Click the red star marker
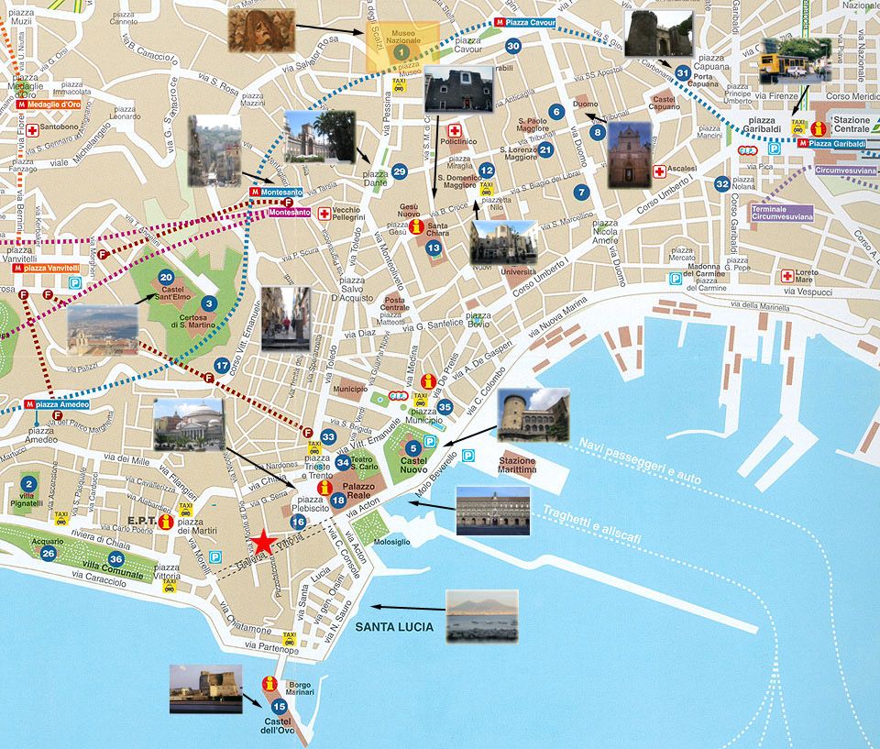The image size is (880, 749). coord(264,543)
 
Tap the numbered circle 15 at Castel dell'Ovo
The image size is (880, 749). coord(280,705)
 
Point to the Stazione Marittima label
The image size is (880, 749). coord(517,465)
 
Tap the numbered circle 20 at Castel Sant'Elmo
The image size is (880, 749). coord(166,277)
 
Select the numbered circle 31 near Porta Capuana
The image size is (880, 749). coord(682,72)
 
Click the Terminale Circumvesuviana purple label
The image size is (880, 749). coord(781,213)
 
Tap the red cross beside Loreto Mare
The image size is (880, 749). coord(786,275)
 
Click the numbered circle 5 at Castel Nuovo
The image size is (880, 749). coord(413,448)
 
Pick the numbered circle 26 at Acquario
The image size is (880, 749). coord(49,553)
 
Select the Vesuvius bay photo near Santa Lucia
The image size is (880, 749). coord(481,615)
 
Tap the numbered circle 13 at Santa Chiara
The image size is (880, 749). coord(434,248)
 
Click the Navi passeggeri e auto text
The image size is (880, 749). coord(639,459)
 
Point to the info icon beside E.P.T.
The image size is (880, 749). coord(166,522)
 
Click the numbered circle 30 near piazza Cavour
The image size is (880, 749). coord(513,46)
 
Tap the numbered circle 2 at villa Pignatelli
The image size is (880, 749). coord(28,484)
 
